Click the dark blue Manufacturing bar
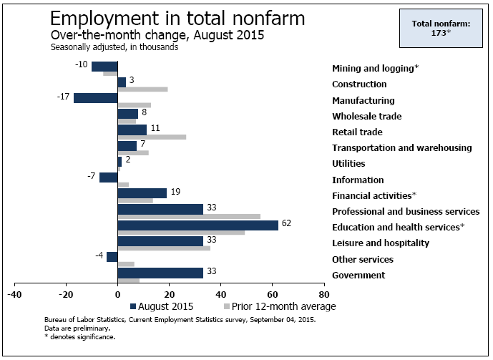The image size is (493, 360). [95, 98]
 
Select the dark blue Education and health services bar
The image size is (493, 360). [197, 225]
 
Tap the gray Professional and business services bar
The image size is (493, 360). [189, 216]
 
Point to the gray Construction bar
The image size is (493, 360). [142, 89]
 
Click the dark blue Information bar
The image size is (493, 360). [108, 177]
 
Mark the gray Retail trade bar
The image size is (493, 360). [152, 137]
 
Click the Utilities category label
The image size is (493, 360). [348, 164]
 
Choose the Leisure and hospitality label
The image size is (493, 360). [381, 243]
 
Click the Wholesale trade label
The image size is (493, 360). [366, 117]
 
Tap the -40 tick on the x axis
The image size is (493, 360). [14, 294]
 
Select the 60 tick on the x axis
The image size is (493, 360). [273, 294]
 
